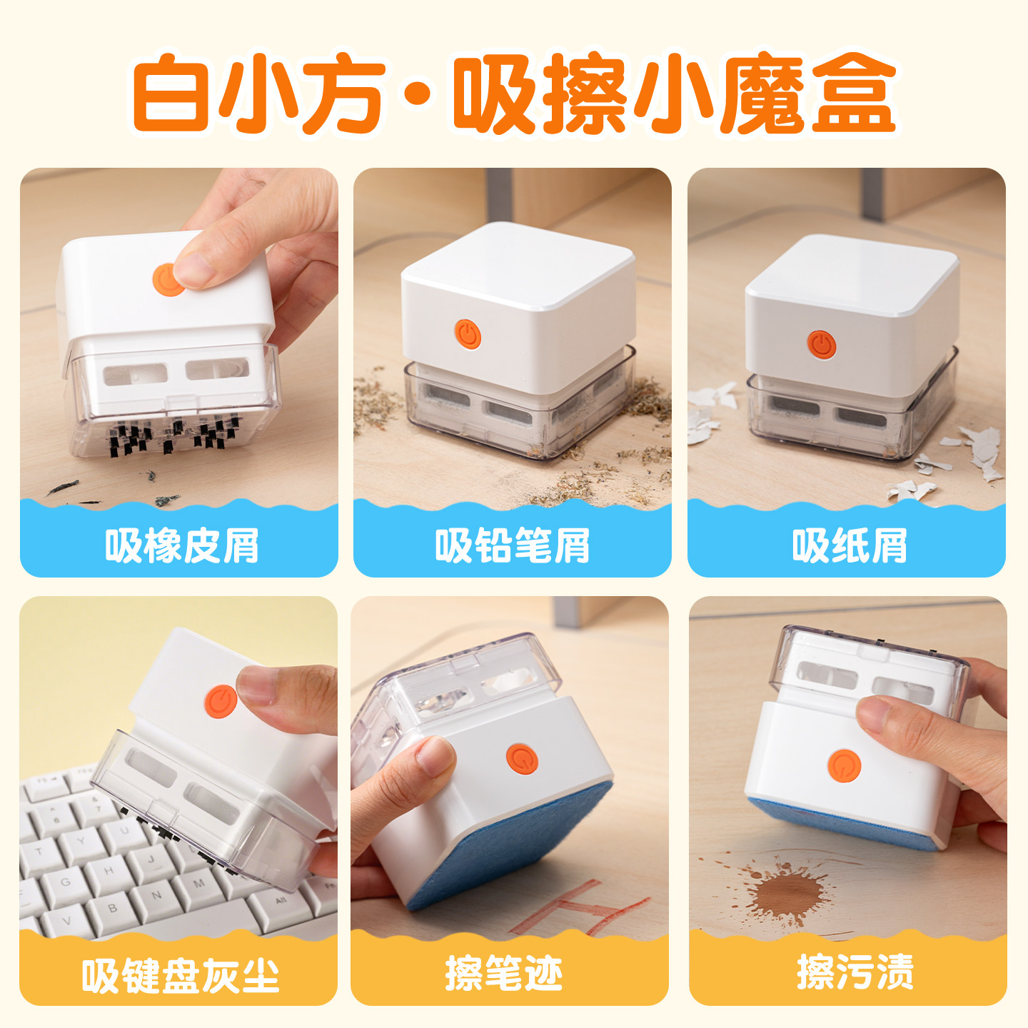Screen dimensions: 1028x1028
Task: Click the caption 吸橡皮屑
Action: click(181, 546)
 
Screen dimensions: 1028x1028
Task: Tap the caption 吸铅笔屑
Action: click(512, 546)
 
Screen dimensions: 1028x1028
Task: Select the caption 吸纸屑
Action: click(849, 546)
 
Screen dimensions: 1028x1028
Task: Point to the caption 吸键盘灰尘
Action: click(180, 975)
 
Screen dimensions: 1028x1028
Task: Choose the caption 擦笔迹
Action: click(504, 973)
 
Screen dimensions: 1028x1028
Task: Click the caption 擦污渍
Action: click(855, 972)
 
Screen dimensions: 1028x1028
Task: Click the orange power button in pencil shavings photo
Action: click(468, 334)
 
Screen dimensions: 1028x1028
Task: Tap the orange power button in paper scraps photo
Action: click(822, 344)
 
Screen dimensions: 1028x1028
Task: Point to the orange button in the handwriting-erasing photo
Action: click(522, 759)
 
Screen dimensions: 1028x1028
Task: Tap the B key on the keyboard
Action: click(112, 909)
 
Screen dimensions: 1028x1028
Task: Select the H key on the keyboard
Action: click(109, 871)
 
